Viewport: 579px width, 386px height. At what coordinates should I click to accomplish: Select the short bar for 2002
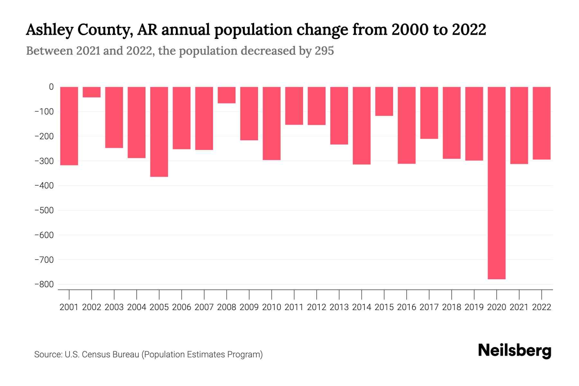pos(92,92)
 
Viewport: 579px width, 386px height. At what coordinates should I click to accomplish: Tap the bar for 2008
pos(226,95)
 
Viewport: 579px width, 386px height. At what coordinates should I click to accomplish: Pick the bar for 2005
pos(159,132)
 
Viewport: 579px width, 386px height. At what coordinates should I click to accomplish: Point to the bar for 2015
pos(384,101)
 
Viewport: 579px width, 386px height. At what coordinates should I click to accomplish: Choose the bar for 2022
pos(542,123)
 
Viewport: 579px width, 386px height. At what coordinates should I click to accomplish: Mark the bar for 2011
pos(294,106)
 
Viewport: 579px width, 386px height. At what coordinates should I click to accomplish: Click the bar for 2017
pos(429,113)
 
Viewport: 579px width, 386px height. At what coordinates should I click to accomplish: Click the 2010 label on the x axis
pos(271,307)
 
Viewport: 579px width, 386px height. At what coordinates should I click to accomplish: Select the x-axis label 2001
pos(69,307)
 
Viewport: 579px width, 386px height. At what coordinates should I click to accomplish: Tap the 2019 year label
pos(474,307)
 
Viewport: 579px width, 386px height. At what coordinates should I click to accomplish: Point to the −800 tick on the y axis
pos(44,284)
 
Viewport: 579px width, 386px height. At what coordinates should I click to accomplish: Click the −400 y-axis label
pos(44,186)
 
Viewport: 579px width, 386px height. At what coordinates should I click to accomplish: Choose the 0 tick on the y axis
pos(51,87)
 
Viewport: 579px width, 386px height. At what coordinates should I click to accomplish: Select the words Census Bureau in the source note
pos(111,354)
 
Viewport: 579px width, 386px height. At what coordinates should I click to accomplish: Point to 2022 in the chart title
pos(469,30)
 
